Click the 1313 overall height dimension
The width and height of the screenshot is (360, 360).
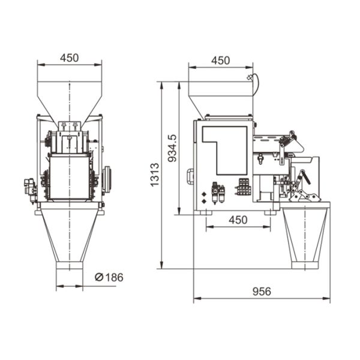click(155, 175)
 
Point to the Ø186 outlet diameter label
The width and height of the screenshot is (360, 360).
click(109, 277)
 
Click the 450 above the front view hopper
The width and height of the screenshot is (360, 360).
click(69, 58)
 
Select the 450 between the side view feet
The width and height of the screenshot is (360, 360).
click(238, 220)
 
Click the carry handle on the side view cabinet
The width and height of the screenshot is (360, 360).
click(190, 176)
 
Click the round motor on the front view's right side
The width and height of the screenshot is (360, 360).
click(108, 179)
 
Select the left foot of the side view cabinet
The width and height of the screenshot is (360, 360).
click(205, 212)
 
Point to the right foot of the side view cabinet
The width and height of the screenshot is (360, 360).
click(271, 212)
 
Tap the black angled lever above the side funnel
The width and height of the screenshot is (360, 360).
click(305, 177)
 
